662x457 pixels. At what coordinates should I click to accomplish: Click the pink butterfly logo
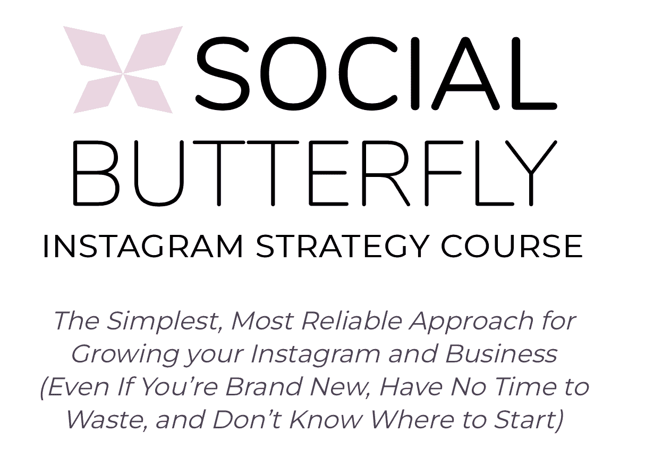click(x=123, y=70)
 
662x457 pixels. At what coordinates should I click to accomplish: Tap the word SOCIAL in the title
click(x=376, y=73)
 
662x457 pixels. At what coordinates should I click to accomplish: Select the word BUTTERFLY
click(x=315, y=173)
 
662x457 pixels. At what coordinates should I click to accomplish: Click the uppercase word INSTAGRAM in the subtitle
click(x=143, y=247)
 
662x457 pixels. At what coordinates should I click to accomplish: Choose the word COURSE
click(x=512, y=247)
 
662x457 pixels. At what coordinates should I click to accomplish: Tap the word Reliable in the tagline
click(x=351, y=320)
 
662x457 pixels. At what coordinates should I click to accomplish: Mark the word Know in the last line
click(x=326, y=420)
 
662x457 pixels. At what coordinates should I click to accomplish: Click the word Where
click(x=413, y=420)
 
